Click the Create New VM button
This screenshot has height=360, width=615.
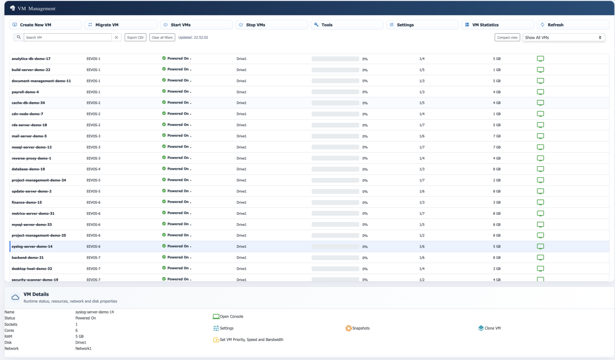[45, 25]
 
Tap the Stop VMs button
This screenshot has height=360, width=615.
[271, 25]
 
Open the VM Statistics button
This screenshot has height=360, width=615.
[497, 25]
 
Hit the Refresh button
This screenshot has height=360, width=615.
[573, 25]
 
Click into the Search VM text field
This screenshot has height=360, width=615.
[68, 37]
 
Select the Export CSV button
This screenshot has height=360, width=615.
[135, 37]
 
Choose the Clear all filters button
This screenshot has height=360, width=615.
[162, 37]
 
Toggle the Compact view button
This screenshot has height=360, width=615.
[507, 37]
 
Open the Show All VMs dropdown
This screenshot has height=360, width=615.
[563, 37]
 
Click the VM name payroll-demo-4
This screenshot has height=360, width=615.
[25, 92]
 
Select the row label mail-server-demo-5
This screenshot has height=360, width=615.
[29, 136]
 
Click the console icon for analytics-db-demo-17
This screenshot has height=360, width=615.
[540, 59]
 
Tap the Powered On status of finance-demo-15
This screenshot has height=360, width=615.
[178, 202]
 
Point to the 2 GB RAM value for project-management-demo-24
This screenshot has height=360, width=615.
[497, 180]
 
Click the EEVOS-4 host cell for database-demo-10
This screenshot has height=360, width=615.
[93, 169]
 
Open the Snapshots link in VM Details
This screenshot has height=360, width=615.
[361, 328]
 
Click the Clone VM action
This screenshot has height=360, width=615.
[492, 328]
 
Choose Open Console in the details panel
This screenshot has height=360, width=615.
[231, 316]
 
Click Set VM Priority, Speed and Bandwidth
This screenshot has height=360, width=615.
[251, 340]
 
